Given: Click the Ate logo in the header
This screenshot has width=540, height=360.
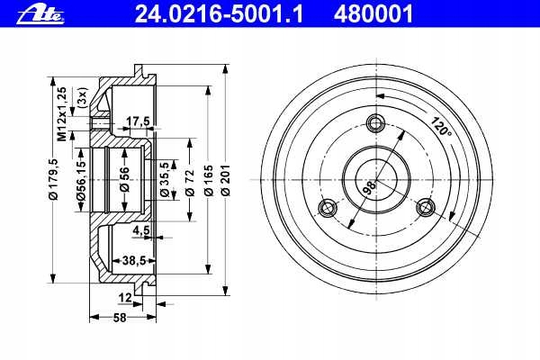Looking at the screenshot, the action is click(40, 14).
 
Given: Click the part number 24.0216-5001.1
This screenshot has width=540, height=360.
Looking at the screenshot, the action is click(219, 14).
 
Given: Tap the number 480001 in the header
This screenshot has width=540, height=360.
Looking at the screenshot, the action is click(373, 14).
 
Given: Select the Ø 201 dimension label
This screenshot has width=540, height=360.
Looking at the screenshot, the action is click(226, 180).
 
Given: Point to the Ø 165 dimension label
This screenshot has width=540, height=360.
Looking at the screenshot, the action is click(209, 180).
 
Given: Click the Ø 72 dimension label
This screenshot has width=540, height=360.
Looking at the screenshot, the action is click(190, 183).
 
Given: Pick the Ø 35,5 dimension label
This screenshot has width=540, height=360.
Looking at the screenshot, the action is click(165, 179).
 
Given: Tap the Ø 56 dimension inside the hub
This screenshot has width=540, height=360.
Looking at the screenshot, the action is click(124, 179).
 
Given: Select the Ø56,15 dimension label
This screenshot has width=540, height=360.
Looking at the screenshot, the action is click(81, 180).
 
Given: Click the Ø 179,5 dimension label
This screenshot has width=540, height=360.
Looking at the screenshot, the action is click(53, 179).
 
